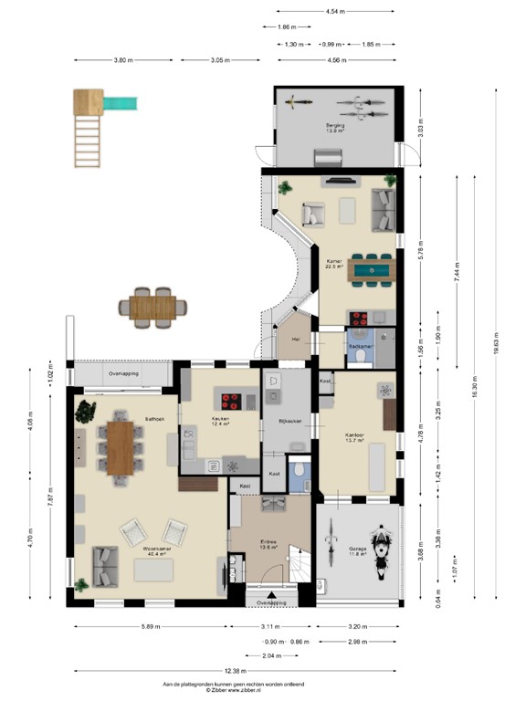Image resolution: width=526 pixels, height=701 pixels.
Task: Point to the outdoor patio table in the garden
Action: [x=152, y=307]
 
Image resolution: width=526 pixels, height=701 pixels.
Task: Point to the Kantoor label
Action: [x=355, y=436]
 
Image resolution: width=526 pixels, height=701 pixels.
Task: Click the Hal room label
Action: [x=296, y=338]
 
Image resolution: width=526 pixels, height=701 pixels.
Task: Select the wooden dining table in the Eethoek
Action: [x=120, y=447]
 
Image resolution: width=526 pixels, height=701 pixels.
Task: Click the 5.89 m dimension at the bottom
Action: [x=152, y=627]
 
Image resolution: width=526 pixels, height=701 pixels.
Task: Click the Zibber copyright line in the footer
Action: [x=247, y=689]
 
